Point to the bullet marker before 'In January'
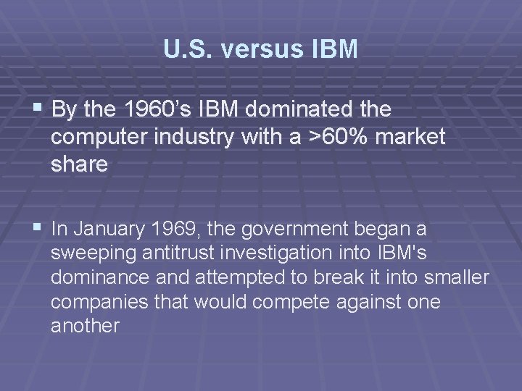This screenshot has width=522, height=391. pyautogui.click(x=38, y=229)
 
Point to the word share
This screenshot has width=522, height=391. pyautogui.click(x=79, y=164)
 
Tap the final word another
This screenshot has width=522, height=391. pyautogui.click(x=85, y=326)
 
